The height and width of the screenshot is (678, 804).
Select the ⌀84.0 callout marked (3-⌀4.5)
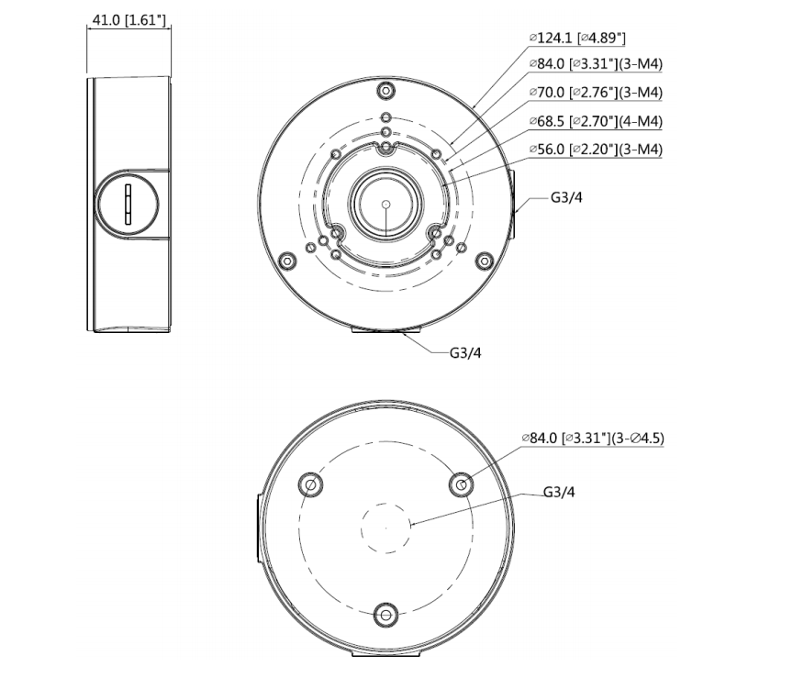click(593, 439)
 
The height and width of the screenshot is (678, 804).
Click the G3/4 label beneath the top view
click(465, 353)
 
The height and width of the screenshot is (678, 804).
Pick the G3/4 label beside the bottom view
click(559, 493)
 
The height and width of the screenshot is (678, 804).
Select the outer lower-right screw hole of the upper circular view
click(484, 261)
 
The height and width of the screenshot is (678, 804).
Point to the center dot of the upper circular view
click(386, 204)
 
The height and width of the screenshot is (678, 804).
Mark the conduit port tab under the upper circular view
click(386, 331)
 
